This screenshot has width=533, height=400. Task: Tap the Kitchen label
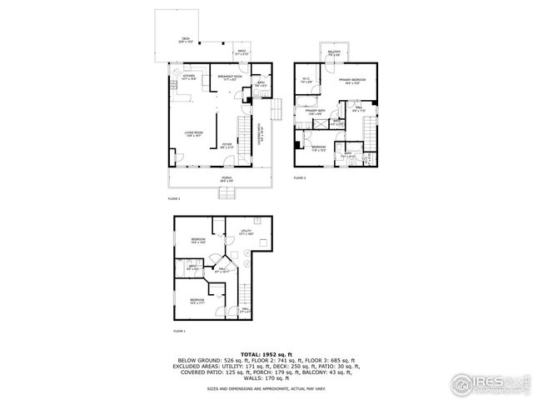pyautogui.click(x=189, y=77)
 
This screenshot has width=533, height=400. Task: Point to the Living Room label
pyautogui.click(x=193, y=133)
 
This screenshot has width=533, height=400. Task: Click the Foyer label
pyautogui.click(x=227, y=145)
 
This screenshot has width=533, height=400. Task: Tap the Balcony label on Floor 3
pyautogui.click(x=334, y=54)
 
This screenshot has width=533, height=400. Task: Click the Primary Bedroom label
pyautogui.click(x=353, y=81)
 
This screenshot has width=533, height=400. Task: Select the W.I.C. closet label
pyautogui.click(x=306, y=81)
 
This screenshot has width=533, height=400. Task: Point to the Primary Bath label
pyautogui.click(x=315, y=111)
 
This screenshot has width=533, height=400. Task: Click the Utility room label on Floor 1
pyautogui.click(x=246, y=232)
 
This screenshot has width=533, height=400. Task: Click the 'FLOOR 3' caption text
pyautogui.click(x=300, y=178)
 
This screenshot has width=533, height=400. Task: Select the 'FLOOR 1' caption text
pyautogui.click(x=178, y=332)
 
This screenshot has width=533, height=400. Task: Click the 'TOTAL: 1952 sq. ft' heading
pyautogui.click(x=266, y=353)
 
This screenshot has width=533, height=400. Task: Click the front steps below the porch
pyautogui.click(x=228, y=193)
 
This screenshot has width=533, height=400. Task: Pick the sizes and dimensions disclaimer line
pyautogui.click(x=266, y=388)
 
